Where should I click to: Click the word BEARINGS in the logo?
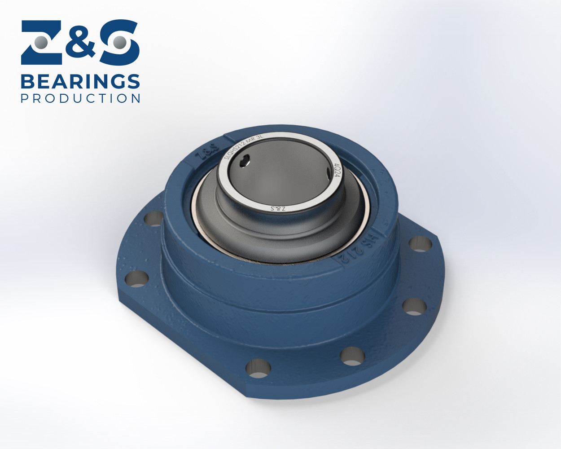(x=80, y=82)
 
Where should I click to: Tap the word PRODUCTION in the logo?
(x=80, y=98)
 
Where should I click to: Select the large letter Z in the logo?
(x=42, y=43)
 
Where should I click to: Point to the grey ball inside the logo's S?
(x=119, y=43)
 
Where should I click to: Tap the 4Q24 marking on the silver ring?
(x=337, y=170)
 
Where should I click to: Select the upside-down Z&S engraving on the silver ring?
(x=278, y=208)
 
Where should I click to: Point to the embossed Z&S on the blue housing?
(x=207, y=152)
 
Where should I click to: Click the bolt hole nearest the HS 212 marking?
(x=421, y=243)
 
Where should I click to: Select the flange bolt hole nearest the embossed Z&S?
(x=154, y=219)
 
